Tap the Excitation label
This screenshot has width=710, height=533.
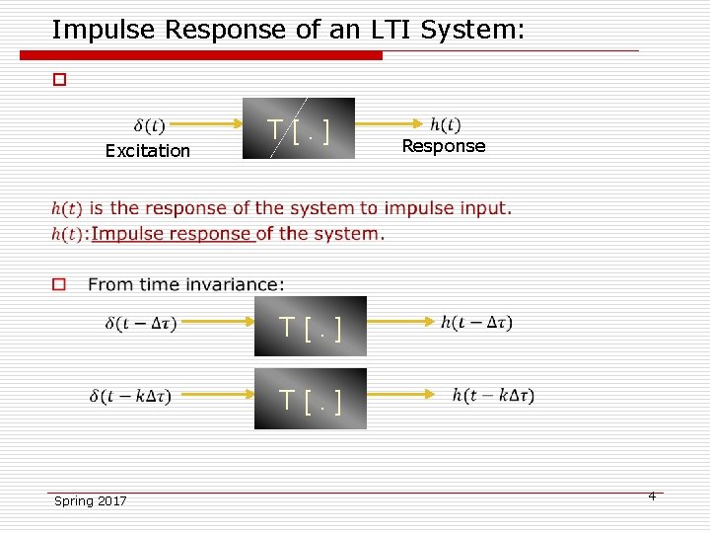148,151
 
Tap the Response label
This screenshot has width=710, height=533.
444,146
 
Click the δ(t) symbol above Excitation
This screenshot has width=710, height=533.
149,125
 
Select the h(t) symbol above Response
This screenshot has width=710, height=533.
445,124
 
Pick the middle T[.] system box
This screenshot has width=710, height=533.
311,326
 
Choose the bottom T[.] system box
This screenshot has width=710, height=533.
311,399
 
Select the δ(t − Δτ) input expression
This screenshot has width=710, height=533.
140,323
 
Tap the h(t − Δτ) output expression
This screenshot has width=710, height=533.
476,322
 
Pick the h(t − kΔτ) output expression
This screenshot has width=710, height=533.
493,395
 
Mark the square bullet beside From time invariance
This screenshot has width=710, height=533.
59,284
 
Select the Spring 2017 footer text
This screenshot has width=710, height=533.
90,501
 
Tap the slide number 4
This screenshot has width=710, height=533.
652,495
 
